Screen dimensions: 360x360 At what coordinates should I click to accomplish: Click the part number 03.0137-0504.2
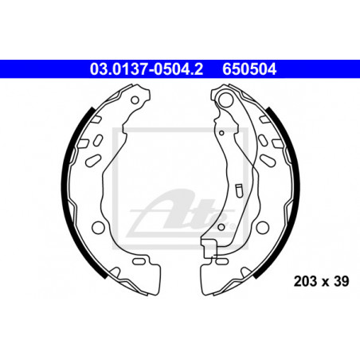point(147,69)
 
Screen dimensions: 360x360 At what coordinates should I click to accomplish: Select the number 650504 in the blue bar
point(249,69)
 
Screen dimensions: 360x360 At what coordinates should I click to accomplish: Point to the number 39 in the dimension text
point(342,281)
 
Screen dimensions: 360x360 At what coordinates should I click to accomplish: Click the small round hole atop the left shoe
point(135,100)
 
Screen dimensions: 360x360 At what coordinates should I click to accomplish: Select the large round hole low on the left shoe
point(98,227)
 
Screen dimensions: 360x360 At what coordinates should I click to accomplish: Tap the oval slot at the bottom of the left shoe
point(139,261)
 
